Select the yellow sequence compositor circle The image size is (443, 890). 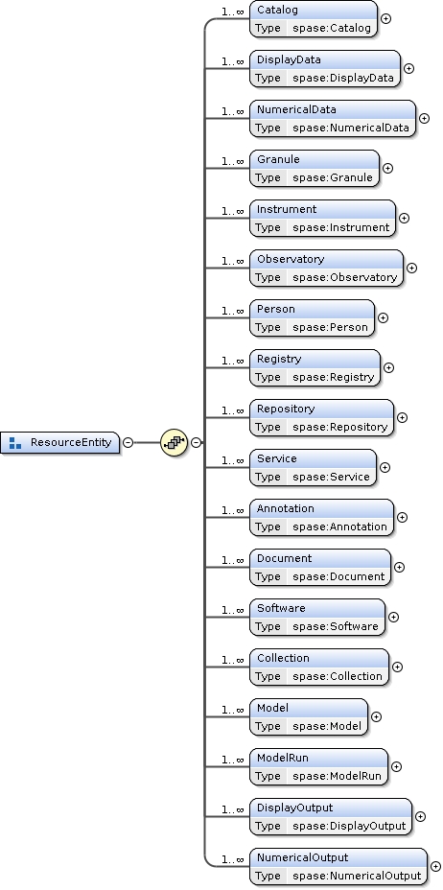(174, 442)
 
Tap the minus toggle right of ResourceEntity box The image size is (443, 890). (128, 442)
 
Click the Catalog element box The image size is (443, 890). (313, 19)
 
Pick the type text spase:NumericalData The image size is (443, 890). (350, 128)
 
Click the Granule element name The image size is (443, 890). (278, 159)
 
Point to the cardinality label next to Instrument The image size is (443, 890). (232, 210)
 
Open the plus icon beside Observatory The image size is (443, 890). (412, 269)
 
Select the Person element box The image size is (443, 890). (312, 318)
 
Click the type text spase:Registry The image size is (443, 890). (333, 377)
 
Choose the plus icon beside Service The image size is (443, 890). (385, 468)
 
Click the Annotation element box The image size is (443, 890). (321, 518)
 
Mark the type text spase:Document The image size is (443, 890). (338, 576)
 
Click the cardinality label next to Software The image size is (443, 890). (232, 609)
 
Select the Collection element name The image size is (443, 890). (283, 658)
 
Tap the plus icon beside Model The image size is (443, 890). (376, 715)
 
